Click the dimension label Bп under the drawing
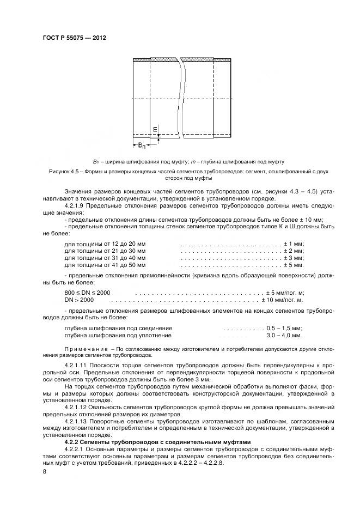[x=141, y=145]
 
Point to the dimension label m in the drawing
[x=155, y=129]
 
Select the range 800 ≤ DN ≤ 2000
[x=87, y=293]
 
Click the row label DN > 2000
[x=80, y=300]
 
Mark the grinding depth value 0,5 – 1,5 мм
[x=284, y=329]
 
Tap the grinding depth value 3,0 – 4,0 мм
[x=284, y=336]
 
